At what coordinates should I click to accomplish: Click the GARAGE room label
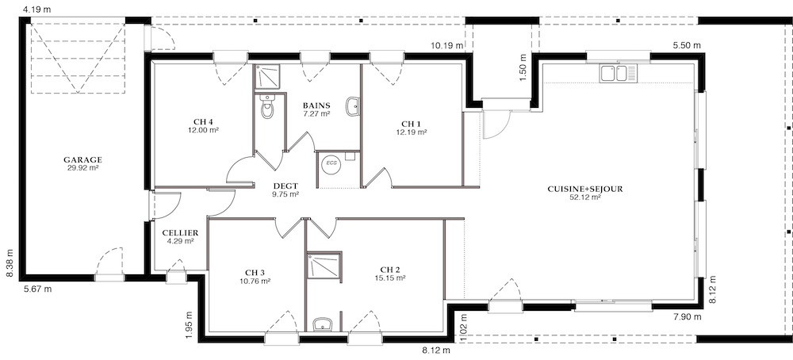click(83, 159)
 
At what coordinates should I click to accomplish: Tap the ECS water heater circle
click(331, 164)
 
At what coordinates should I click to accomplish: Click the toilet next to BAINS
click(267, 109)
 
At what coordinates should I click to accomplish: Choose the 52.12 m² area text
click(585, 197)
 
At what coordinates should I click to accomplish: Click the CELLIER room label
click(180, 233)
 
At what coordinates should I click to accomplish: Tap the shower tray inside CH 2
click(324, 268)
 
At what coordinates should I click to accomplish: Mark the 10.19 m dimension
click(447, 45)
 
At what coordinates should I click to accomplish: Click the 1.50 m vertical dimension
click(523, 65)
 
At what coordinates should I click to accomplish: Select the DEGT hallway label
click(285, 186)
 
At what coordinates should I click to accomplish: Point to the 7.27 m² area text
click(316, 113)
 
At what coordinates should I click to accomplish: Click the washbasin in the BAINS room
click(353, 107)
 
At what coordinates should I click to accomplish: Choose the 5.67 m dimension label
click(37, 289)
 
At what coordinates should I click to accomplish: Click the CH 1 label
click(411, 124)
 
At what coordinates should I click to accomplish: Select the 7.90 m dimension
click(688, 317)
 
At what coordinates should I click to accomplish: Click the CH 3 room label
click(255, 273)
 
